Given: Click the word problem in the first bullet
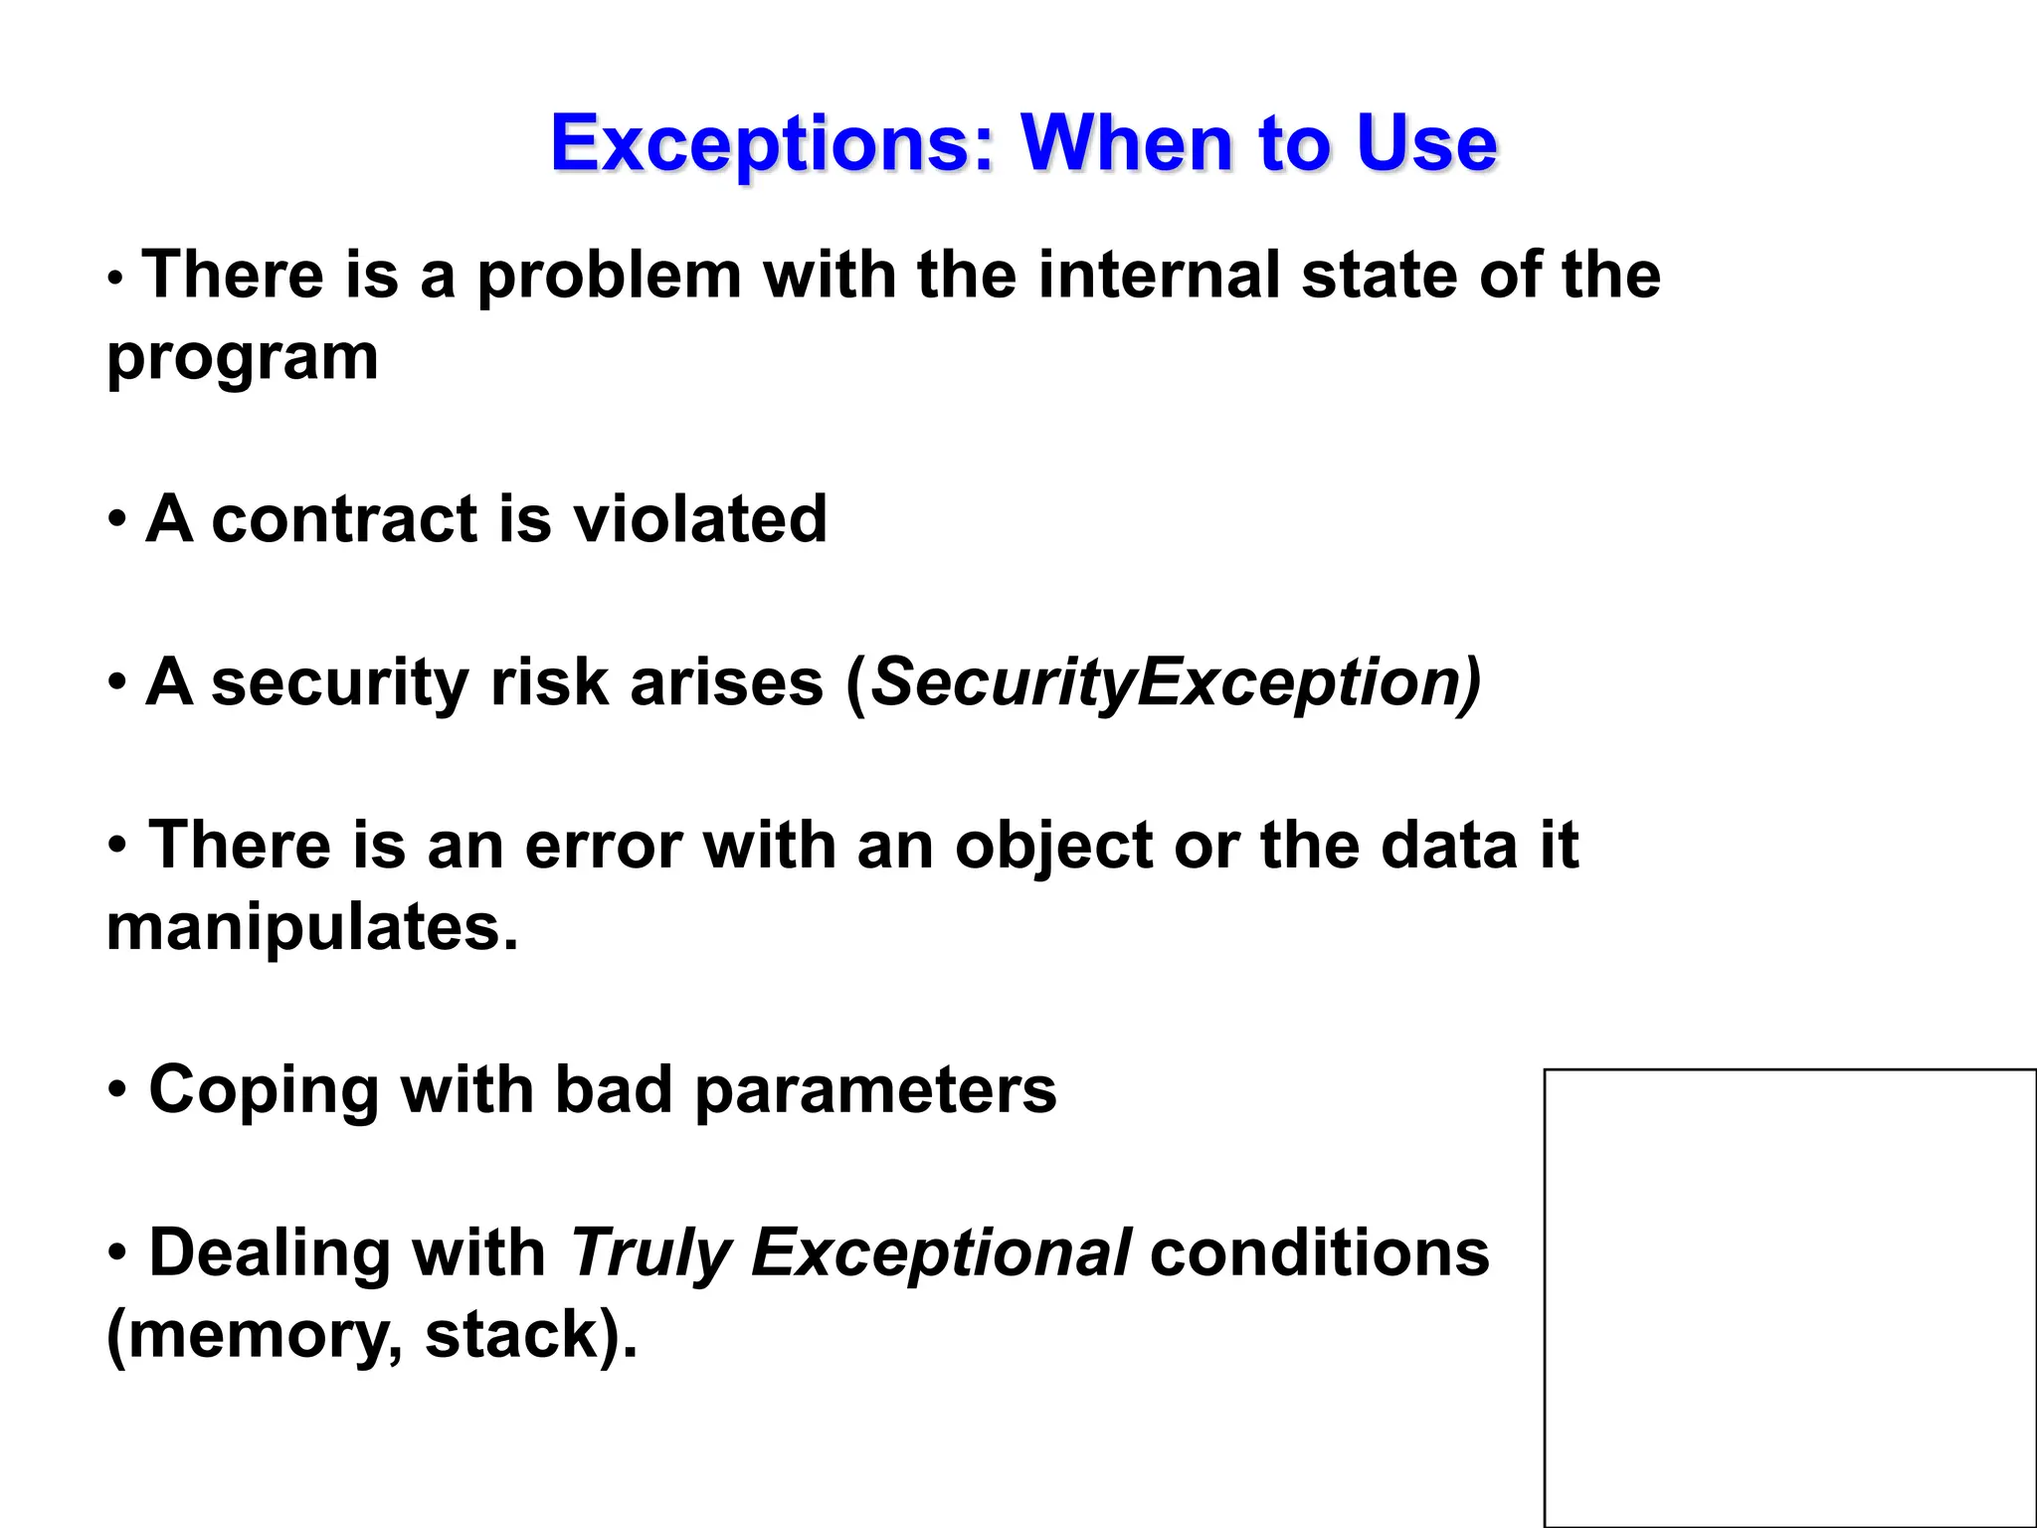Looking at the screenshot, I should [x=609, y=277].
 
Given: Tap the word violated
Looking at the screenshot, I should [x=699, y=519].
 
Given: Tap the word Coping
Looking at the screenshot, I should [x=263, y=1091].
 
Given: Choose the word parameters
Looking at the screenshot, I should [x=875, y=1091].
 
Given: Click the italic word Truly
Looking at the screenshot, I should [x=649, y=1253].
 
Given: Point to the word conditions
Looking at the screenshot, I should [x=1319, y=1253].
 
